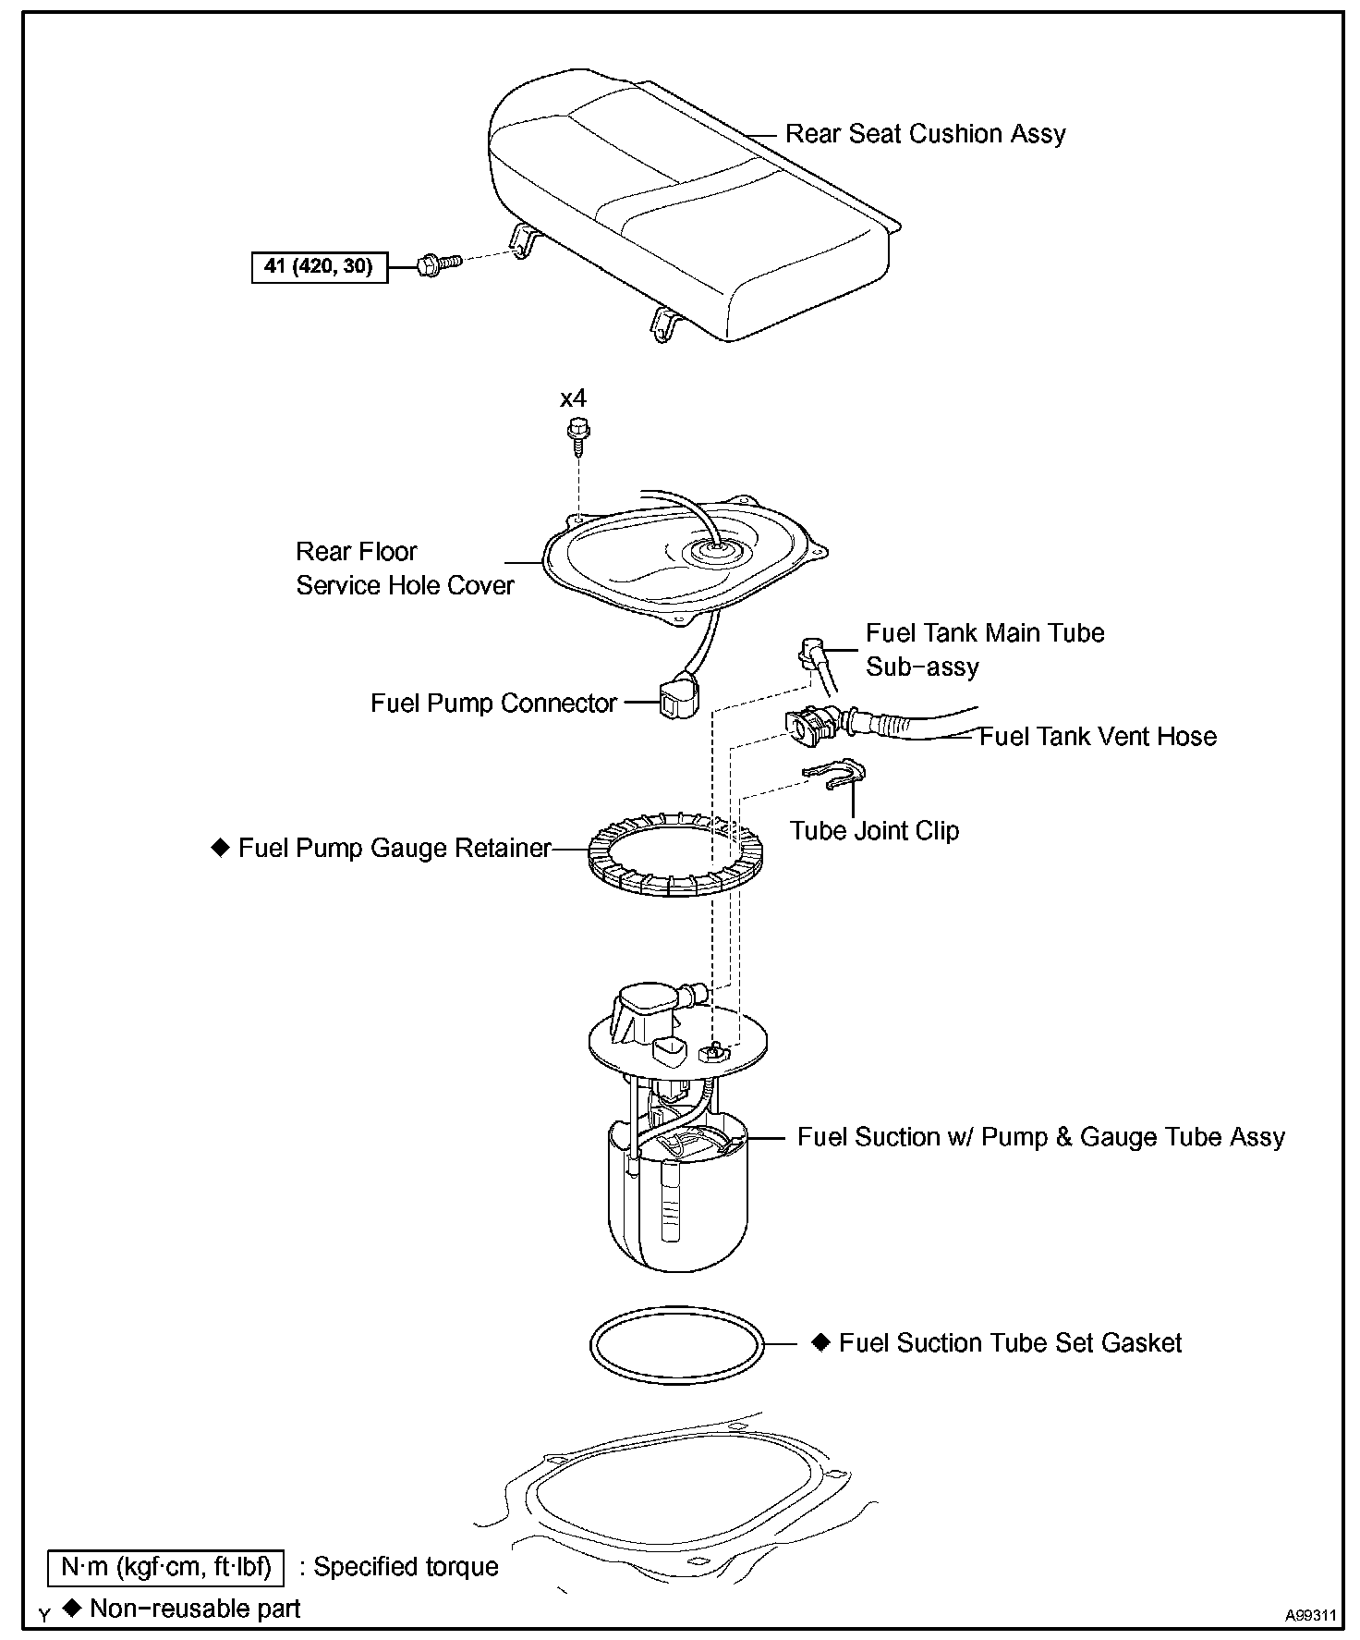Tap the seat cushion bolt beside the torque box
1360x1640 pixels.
[436, 266]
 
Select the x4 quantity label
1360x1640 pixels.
[573, 398]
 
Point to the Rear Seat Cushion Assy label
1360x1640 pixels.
[925, 134]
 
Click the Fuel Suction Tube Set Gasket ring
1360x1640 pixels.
[677, 1346]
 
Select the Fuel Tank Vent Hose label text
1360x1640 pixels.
[1098, 737]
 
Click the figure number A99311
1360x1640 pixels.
[1310, 1615]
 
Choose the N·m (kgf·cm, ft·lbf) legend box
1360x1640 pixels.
[166, 1566]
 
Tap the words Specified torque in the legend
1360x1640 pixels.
[407, 1566]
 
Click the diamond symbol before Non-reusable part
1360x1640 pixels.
[72, 1608]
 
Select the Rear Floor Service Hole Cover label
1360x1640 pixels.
[405, 569]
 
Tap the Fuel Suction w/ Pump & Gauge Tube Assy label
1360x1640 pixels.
[1041, 1137]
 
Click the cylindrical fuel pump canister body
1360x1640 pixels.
[677, 1202]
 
